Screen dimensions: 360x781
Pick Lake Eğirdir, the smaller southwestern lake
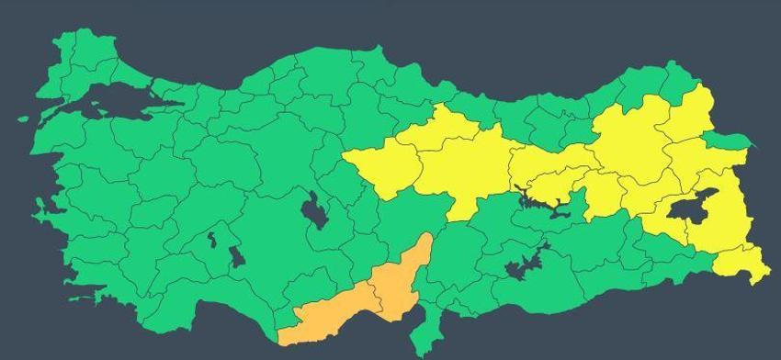tap(211, 241)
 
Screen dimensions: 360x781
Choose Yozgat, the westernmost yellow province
tap(381, 165)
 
